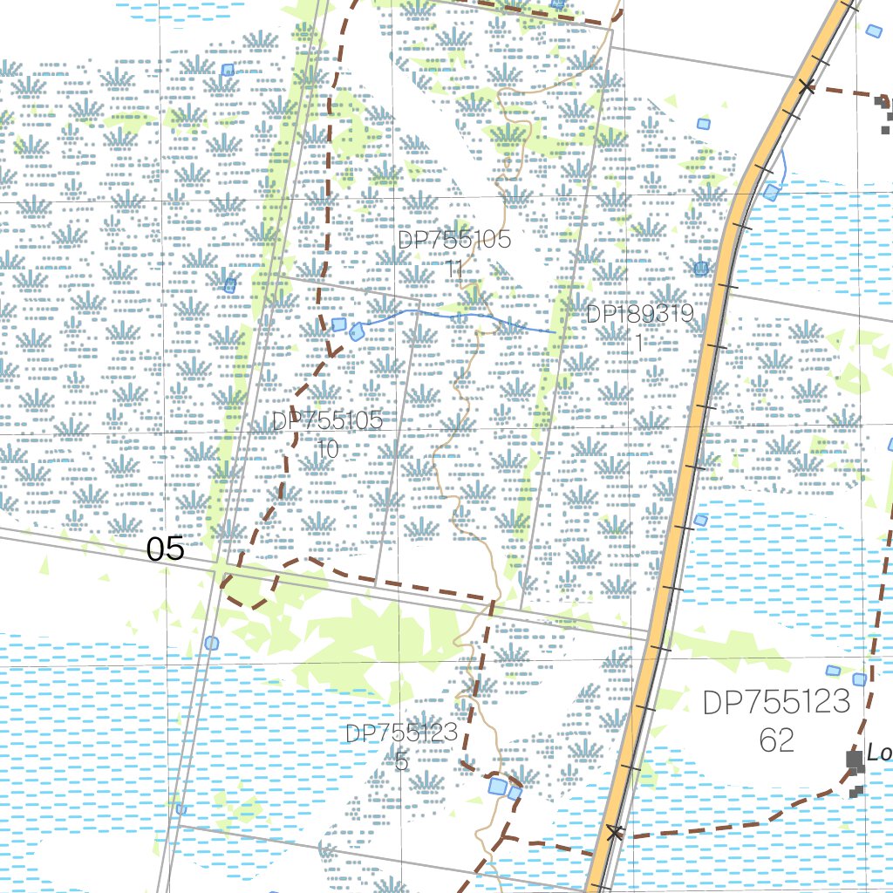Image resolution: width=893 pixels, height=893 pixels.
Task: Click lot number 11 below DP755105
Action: tap(453, 268)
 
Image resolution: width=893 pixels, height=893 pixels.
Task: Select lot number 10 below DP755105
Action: tap(328, 449)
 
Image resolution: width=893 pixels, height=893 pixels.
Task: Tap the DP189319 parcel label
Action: tap(639, 314)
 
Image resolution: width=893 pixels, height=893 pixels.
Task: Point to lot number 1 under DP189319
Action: tap(639, 343)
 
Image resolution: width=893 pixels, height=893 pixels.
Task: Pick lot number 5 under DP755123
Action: tap(401, 761)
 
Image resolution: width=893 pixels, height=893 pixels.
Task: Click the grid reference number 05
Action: tap(166, 549)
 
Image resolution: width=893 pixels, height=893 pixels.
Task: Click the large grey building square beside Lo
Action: tap(855, 760)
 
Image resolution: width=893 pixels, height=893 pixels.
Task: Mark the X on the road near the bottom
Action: tap(616, 833)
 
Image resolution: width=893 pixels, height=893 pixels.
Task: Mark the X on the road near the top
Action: tap(807, 86)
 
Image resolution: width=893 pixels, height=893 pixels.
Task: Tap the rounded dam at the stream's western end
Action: tap(357, 331)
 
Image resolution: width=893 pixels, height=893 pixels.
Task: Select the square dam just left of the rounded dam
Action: tap(338, 324)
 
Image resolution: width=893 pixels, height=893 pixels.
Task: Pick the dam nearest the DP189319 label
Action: tap(701, 268)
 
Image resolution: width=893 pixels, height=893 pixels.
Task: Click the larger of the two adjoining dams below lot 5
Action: tap(497, 787)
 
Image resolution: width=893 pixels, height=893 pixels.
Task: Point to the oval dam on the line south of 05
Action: tap(211, 643)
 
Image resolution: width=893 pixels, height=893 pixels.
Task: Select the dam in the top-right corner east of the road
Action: tap(874, 31)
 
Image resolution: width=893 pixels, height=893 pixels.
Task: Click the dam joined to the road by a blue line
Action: tap(771, 192)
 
